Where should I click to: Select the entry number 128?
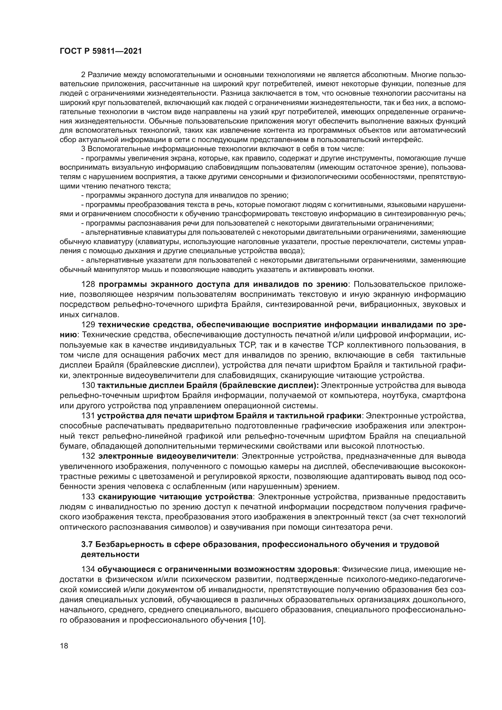[x=88, y=284]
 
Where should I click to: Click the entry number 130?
[x=88, y=386]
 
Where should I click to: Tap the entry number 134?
[x=88, y=569]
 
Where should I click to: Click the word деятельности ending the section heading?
[x=110, y=555]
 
